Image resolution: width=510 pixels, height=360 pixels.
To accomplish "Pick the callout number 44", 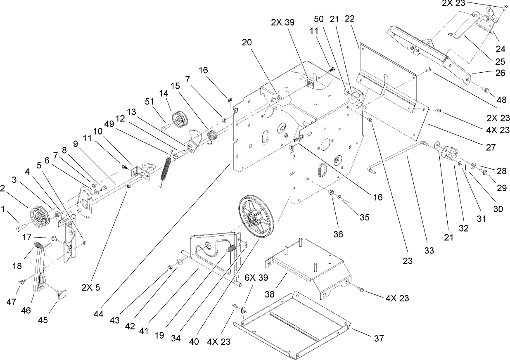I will point(98,314).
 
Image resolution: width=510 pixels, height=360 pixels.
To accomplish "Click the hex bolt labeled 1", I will point(21,227).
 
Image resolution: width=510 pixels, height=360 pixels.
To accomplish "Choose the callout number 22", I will point(350,19).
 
